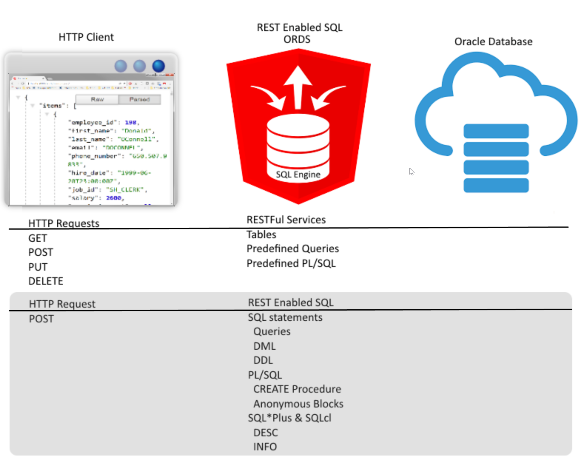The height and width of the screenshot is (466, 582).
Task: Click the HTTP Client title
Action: point(86,37)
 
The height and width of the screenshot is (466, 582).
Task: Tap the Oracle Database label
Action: point(493,41)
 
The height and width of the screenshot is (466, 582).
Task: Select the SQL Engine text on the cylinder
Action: point(298,174)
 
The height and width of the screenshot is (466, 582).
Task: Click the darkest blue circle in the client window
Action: point(159,66)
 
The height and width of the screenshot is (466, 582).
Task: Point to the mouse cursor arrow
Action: point(411,171)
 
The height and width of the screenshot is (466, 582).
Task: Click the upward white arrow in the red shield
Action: point(298,86)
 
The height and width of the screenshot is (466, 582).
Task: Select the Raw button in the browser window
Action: point(97,99)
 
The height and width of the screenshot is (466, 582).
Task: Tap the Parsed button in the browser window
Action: point(140,99)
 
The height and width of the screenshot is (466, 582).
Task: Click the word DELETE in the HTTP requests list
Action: point(46,281)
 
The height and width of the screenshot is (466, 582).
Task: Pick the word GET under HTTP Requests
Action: point(37,238)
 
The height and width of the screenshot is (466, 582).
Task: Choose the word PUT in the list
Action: point(38,267)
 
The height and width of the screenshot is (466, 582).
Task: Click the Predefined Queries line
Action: point(292,249)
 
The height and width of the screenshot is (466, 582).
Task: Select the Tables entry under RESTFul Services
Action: point(261,234)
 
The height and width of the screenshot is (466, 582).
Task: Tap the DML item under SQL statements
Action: point(264,346)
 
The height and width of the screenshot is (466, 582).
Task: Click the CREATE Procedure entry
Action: point(297,389)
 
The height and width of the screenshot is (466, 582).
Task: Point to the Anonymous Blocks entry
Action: point(298,404)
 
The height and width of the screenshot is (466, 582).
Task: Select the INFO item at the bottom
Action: point(265,447)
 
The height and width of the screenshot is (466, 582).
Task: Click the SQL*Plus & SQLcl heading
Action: point(289,418)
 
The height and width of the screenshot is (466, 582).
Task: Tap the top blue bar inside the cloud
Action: point(496,131)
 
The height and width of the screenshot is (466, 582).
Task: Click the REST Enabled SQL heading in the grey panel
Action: point(291,302)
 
